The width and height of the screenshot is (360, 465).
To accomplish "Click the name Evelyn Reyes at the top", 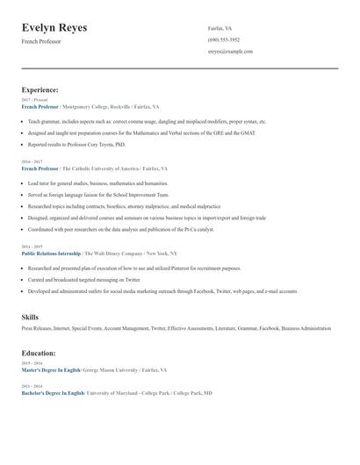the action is click(54, 28).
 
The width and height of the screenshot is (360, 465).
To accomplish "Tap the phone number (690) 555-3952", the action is click(224, 39).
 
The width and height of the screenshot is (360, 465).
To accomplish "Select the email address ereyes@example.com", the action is click(230, 51).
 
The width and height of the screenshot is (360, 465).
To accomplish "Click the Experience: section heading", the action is click(40, 89).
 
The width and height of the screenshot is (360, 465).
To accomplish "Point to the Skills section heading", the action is click(30, 316).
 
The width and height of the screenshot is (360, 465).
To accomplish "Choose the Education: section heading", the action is click(39, 353).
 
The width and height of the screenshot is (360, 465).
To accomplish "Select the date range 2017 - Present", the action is click(34, 100).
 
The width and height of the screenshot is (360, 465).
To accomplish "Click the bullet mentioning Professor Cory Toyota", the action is click(76, 145).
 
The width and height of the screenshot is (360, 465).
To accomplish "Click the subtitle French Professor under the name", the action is click(41, 41).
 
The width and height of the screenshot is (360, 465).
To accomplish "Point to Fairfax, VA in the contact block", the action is click(220, 28).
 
